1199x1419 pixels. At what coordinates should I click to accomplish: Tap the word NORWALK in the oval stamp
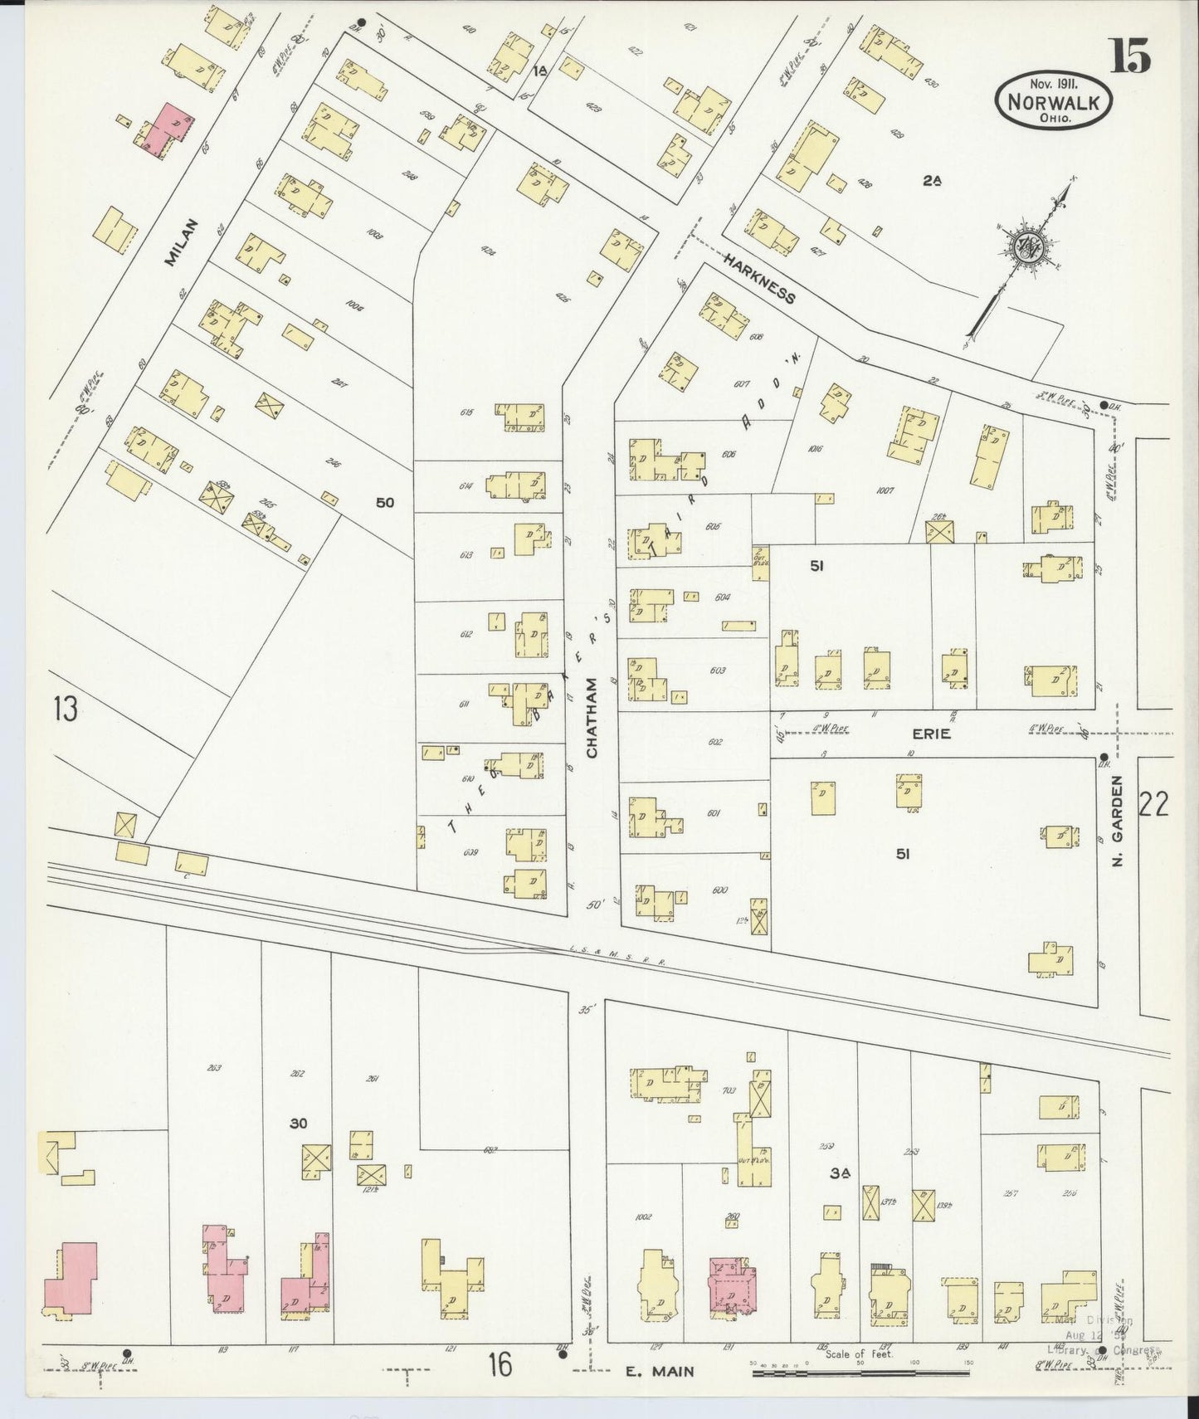pyautogui.click(x=1055, y=102)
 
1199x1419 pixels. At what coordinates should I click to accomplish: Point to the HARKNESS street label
pyautogui.click(x=758, y=279)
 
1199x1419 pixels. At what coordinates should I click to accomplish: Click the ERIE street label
pyautogui.click(x=930, y=734)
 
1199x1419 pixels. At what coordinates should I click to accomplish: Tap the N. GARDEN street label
pyautogui.click(x=1117, y=822)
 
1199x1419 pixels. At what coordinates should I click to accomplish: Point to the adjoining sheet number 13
pyautogui.click(x=65, y=709)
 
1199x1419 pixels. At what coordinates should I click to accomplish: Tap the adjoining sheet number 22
pyautogui.click(x=1153, y=804)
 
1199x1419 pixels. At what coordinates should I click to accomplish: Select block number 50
pyautogui.click(x=384, y=502)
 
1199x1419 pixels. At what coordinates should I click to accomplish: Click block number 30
pyautogui.click(x=299, y=1124)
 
